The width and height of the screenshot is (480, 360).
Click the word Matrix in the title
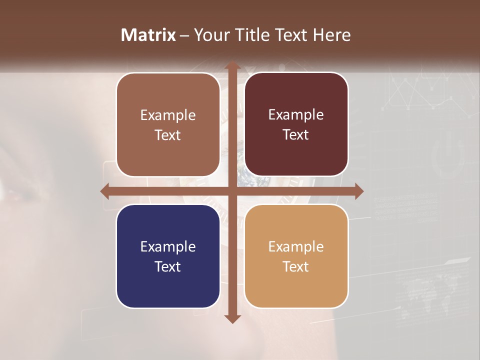pyautogui.click(x=148, y=35)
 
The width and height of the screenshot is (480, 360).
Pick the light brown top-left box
pyautogui.click(x=168, y=124)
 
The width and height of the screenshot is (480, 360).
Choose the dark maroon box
pyautogui.click(x=296, y=124)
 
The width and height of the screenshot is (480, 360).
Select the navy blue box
pyautogui.click(x=168, y=256)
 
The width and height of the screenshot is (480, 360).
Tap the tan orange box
pyautogui.click(x=296, y=256)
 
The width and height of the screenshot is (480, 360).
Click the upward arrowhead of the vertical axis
pyautogui.click(x=232, y=66)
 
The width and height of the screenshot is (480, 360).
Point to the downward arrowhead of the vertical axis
pyautogui.click(x=232, y=318)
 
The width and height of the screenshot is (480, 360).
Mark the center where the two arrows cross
pyautogui.click(x=232, y=191)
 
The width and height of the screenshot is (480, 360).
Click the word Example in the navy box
pyautogui.click(x=168, y=246)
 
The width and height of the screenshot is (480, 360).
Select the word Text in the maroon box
pyautogui.click(x=296, y=135)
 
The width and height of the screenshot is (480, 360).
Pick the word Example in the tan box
pyautogui.click(x=296, y=246)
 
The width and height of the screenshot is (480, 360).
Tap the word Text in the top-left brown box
pyautogui.click(x=168, y=135)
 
